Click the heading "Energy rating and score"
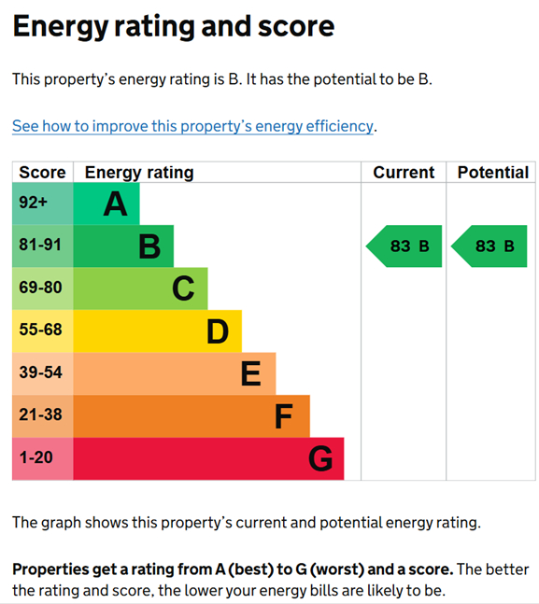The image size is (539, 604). tap(173, 26)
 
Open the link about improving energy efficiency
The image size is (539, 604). tap(193, 126)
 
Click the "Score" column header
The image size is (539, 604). tap(42, 173)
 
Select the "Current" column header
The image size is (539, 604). tap(404, 173)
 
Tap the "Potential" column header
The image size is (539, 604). tap(492, 173)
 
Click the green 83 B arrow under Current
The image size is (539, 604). tap(404, 246)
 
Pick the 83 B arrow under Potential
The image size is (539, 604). tap(489, 246)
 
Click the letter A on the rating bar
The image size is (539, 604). tap(115, 204)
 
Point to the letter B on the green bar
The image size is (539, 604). tap(149, 246)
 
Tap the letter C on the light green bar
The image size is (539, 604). tap(183, 289)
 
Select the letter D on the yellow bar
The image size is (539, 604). tap(218, 331)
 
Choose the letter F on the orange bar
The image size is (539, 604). tap(284, 416)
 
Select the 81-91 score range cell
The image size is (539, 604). tap(40, 246)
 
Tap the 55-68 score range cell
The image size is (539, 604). tap(40, 331)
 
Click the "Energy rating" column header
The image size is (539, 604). tap(139, 173)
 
